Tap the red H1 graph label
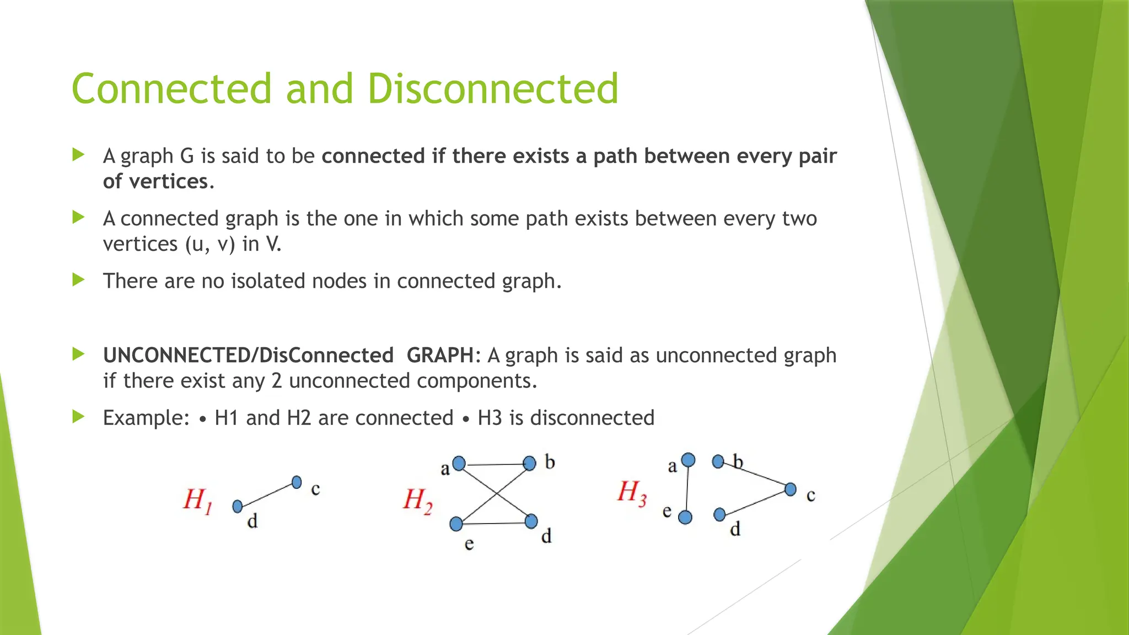tap(197, 501)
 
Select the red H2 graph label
tap(417, 501)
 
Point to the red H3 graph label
tap(632, 492)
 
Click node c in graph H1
tap(297, 482)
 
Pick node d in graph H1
tap(238, 506)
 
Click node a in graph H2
tap(459, 464)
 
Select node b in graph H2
tap(529, 463)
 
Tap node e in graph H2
tap(456, 524)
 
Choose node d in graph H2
tap(531, 521)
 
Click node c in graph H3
tap(791, 489)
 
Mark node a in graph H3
tap(688, 460)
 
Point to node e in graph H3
tap(685, 517)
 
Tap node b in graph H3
tap(718, 461)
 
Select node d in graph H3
tap(719, 514)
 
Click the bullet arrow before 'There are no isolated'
tap(78, 280)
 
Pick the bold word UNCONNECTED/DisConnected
tap(248, 356)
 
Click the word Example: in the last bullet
tap(146, 418)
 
